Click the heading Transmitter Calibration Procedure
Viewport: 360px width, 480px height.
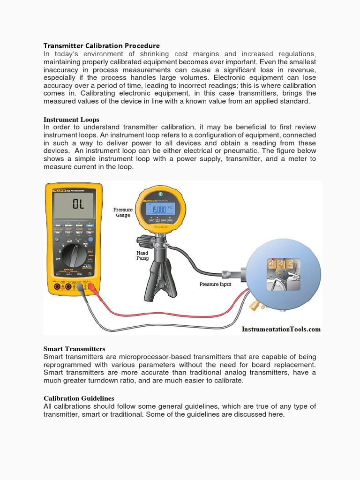(101, 45)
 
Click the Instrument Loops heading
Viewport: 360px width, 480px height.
(71, 120)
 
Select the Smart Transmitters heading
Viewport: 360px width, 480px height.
(74, 349)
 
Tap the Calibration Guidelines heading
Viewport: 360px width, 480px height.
(79, 398)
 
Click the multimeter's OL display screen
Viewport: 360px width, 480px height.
(74, 204)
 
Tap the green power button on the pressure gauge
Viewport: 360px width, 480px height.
(160, 193)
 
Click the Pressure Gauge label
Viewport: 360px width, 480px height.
(123, 212)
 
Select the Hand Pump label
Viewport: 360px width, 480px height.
(142, 255)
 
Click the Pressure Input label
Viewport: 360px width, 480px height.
(215, 284)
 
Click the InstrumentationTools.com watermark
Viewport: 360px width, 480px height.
(281, 329)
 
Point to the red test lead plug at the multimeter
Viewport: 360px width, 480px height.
(92, 288)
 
